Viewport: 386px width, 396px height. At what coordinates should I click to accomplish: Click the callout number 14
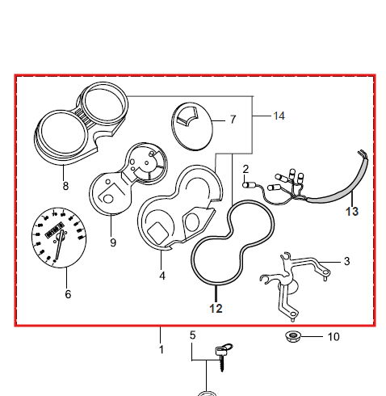click(279, 116)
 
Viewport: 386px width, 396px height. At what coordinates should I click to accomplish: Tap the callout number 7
click(233, 120)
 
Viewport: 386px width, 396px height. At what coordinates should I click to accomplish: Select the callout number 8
click(65, 186)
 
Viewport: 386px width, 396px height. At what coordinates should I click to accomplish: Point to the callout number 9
click(113, 242)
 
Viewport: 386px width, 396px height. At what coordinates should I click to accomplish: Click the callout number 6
click(68, 294)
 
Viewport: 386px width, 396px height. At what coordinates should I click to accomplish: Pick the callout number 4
click(162, 276)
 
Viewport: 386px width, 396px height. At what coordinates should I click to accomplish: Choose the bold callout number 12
click(216, 309)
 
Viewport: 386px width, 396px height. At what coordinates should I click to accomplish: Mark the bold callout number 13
click(352, 212)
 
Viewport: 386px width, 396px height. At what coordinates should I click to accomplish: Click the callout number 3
click(347, 261)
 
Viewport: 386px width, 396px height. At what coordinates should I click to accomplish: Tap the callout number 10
click(334, 337)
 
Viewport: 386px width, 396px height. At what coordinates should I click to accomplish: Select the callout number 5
click(193, 335)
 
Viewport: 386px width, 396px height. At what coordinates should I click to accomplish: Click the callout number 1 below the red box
click(162, 350)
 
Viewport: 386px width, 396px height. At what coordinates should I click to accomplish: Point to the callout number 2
click(245, 169)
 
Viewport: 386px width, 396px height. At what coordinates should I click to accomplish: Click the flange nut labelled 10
click(293, 336)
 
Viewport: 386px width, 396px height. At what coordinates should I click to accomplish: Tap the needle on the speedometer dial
click(59, 245)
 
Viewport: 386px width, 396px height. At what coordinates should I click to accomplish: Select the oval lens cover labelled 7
click(192, 126)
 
